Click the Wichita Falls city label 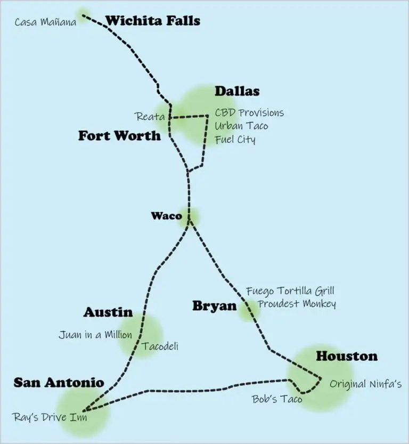pyautogui.click(x=152, y=21)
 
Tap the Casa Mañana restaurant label pyautogui.click(x=45, y=22)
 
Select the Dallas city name pyautogui.click(x=237, y=91)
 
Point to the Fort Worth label pyautogui.click(x=119, y=135)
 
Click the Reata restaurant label pyautogui.click(x=150, y=116)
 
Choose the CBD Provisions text pyautogui.click(x=249, y=113)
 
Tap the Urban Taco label pyautogui.click(x=241, y=126)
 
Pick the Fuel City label pyautogui.click(x=235, y=140)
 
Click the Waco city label pyautogui.click(x=166, y=216)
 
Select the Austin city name pyautogui.click(x=108, y=312)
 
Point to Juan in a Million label pyautogui.click(x=95, y=335)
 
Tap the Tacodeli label pyautogui.click(x=160, y=346)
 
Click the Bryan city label pyautogui.click(x=214, y=306)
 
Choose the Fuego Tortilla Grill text pyautogui.click(x=290, y=291)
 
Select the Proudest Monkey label pyautogui.click(x=297, y=304)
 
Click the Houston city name pyautogui.click(x=347, y=356)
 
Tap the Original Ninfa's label pyautogui.click(x=365, y=384)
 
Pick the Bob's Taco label pyautogui.click(x=276, y=398)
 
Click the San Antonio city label pyautogui.click(x=59, y=382)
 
